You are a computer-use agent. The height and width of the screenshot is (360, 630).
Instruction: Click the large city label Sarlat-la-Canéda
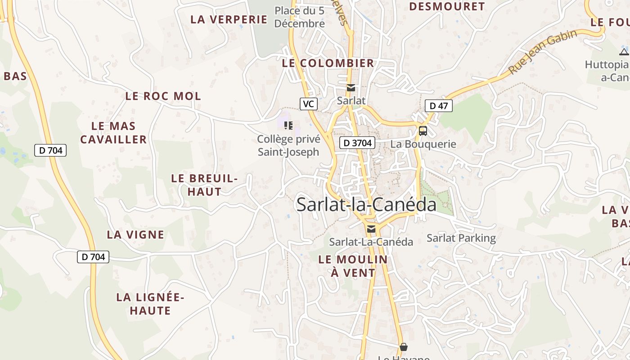(366, 205)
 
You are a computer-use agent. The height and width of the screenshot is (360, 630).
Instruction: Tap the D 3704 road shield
(357, 143)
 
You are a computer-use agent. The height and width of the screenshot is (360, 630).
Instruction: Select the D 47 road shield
(438, 106)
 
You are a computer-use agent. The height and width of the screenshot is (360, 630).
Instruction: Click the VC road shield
(308, 104)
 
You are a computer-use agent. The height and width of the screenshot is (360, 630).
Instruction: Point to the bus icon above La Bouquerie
(423, 131)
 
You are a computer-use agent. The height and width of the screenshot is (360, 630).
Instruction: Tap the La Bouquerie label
(423, 144)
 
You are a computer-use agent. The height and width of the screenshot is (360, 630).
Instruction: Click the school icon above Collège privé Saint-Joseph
(288, 125)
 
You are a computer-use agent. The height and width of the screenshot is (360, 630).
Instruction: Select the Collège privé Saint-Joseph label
(288, 146)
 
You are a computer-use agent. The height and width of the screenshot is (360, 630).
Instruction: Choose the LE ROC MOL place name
(163, 96)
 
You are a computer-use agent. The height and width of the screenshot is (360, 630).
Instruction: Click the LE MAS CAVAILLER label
(113, 133)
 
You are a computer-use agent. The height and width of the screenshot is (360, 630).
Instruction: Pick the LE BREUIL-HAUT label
(204, 185)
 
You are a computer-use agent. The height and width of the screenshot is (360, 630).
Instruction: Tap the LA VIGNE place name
(135, 234)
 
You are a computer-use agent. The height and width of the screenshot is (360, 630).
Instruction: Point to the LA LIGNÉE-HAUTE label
(150, 304)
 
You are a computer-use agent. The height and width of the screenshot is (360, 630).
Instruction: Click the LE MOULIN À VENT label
(353, 266)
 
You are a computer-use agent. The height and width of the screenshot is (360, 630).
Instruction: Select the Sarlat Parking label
(461, 238)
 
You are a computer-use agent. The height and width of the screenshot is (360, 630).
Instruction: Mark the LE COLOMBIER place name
(328, 63)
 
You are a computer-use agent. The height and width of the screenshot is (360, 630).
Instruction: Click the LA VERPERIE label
(229, 19)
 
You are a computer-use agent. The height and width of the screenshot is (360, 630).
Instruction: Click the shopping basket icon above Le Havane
(403, 347)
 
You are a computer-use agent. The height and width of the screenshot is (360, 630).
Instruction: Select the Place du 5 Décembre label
(299, 17)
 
